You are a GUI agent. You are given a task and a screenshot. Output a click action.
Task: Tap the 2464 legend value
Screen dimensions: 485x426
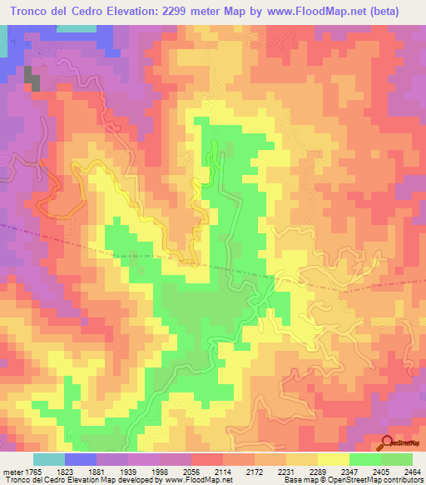413,472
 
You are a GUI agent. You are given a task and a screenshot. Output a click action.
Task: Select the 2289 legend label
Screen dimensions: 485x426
317,472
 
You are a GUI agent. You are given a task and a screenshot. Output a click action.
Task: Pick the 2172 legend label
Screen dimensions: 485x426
254,472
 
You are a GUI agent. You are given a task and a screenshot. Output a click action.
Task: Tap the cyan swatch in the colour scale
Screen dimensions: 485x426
48,459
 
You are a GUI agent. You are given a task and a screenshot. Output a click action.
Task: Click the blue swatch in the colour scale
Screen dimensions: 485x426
80,459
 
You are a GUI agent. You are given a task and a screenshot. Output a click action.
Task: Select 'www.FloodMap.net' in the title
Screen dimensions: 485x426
312,12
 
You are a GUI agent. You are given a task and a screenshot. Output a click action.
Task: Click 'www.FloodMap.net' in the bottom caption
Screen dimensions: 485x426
197,480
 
